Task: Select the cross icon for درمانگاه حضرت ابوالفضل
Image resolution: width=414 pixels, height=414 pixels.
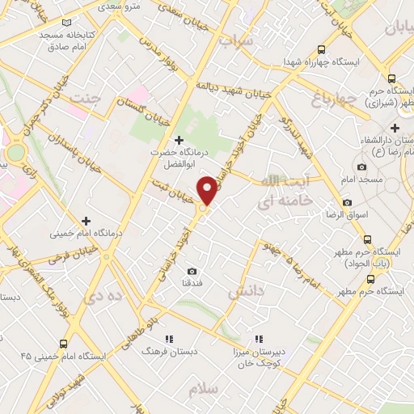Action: [179, 140]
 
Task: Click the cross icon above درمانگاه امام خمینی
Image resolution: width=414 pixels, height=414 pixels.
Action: [86, 220]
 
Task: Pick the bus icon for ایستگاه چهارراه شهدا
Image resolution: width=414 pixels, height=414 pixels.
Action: [322, 49]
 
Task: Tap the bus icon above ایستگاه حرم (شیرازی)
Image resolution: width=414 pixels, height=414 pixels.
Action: [392, 79]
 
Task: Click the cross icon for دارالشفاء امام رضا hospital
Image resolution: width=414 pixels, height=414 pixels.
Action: [395, 128]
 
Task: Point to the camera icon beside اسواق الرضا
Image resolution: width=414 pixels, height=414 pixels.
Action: [347, 202]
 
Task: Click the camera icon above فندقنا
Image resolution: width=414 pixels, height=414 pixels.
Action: [192, 271]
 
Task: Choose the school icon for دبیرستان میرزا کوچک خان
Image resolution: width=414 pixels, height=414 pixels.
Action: [259, 340]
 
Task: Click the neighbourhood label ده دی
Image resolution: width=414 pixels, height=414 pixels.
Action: [108, 296]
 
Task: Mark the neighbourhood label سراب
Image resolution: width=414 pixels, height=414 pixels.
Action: [239, 39]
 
